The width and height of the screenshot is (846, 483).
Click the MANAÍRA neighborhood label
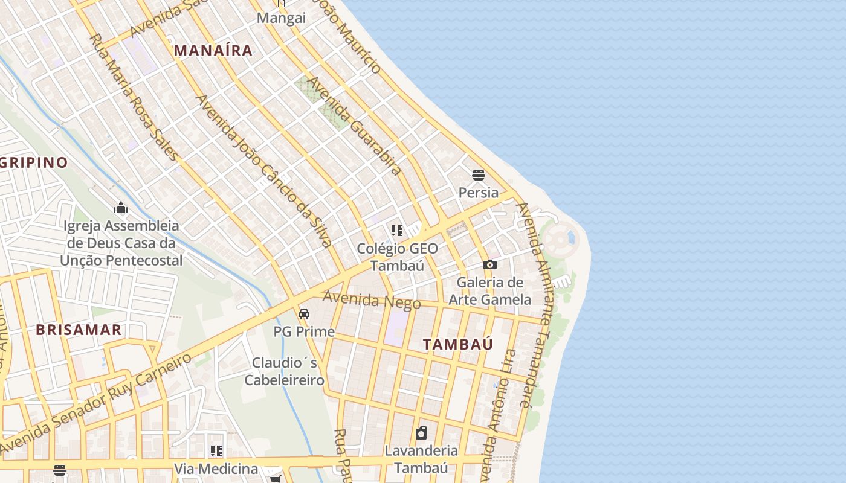pyautogui.click(x=213, y=51)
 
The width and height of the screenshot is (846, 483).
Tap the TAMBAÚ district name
pyautogui.click(x=458, y=345)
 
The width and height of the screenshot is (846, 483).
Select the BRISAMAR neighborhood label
pyautogui.click(x=79, y=330)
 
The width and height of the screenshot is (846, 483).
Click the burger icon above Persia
pyautogui.click(x=479, y=175)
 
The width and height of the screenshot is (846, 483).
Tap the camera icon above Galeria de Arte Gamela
pyautogui.click(x=490, y=264)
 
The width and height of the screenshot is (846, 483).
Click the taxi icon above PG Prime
pyautogui.click(x=304, y=313)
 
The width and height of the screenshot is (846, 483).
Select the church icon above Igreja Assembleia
pyautogui.click(x=121, y=208)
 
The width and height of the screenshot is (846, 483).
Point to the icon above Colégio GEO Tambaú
pyautogui.click(x=397, y=230)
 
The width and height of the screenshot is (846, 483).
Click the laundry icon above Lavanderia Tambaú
pyautogui.click(x=421, y=433)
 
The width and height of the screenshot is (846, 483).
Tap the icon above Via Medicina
pyautogui.click(x=216, y=451)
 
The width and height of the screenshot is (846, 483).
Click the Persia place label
pyautogui.click(x=479, y=193)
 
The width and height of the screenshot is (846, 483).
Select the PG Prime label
pyautogui.click(x=304, y=331)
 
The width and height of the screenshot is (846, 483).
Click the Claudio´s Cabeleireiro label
pyautogui.click(x=285, y=371)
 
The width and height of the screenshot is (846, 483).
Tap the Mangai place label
pyautogui.click(x=282, y=18)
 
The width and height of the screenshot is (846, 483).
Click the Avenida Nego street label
pyautogui.click(x=371, y=299)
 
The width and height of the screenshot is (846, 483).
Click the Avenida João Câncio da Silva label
pyautogui.click(x=264, y=171)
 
